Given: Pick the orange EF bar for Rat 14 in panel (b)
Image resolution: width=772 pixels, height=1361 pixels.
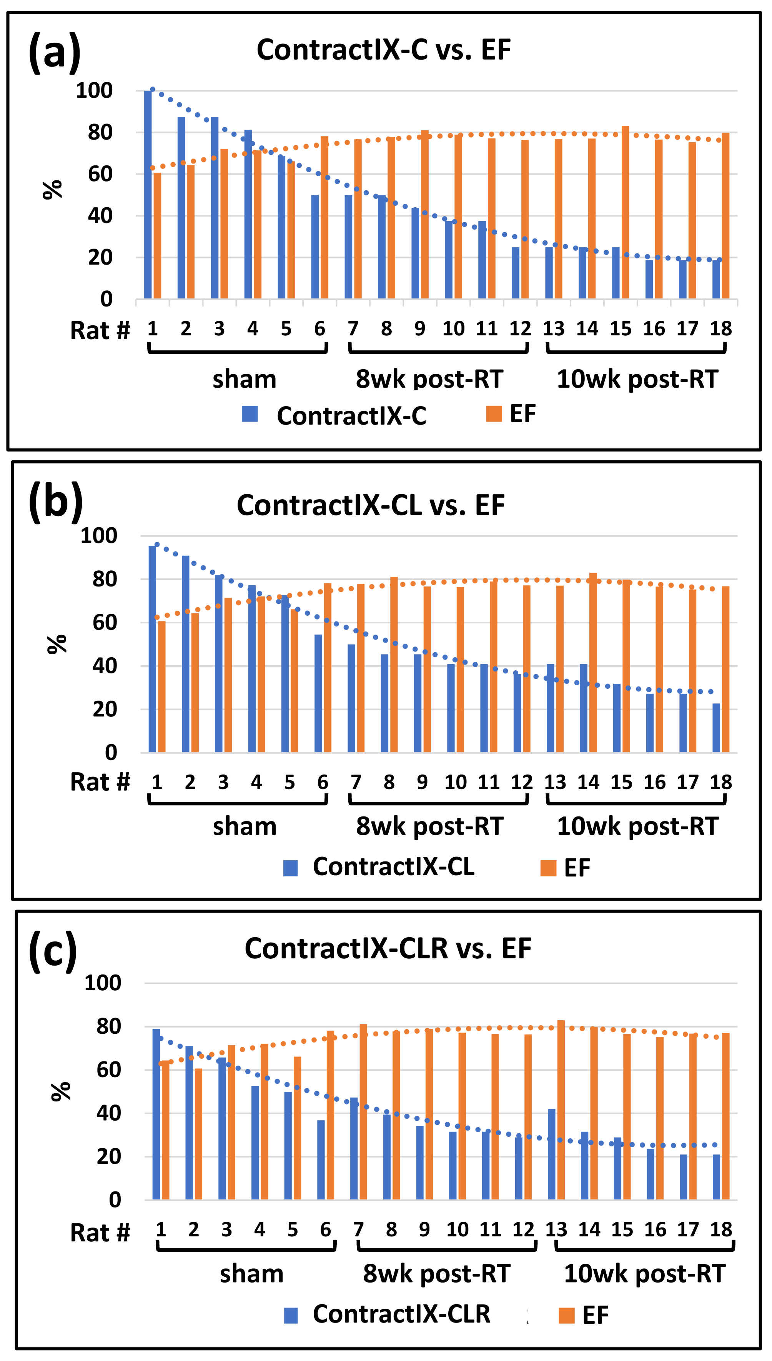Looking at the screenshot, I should point(593,662).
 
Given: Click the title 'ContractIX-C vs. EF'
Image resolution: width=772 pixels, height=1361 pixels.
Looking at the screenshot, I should point(383,50).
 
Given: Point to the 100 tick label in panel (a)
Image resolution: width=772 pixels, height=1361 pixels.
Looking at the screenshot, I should point(94,91).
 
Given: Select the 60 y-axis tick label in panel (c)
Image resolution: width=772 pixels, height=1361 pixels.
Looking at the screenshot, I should point(109,1070).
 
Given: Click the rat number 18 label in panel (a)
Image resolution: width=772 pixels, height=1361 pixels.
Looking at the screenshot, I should point(720,329).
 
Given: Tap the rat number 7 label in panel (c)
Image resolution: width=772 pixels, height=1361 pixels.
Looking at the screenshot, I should point(358,1229).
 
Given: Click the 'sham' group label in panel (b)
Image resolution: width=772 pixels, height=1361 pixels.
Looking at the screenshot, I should point(245,826).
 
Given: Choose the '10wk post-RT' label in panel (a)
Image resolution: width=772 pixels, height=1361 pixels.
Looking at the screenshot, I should point(637,379).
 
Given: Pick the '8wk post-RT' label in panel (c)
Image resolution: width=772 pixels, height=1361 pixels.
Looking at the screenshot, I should point(436,1274).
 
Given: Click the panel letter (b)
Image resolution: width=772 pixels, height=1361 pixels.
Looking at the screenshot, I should point(55,501).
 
